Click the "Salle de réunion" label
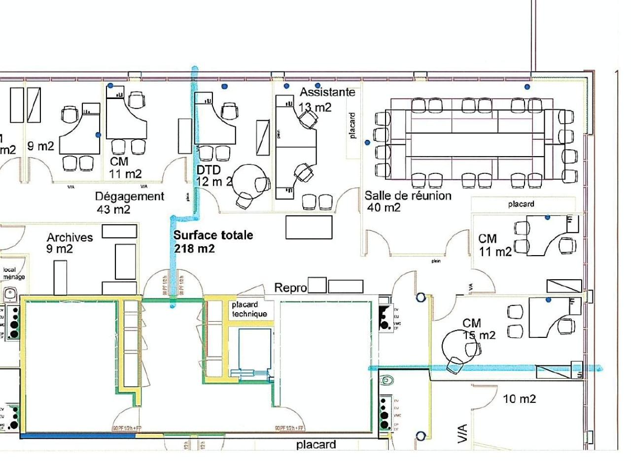coord(408,196)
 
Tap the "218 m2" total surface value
coord(194,249)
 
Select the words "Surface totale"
coord(213,235)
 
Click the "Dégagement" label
coord(129,197)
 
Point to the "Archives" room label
coord(70,237)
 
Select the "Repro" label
coord(290,288)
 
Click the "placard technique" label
coord(249,309)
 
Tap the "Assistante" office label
coord(327,92)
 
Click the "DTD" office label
coord(208,170)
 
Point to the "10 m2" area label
coord(519,399)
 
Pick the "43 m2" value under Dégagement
coord(113,209)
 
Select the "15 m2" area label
coord(479,335)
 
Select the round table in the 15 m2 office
coord(457,345)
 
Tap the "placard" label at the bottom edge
coord(316,445)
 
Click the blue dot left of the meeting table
coord(367,143)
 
